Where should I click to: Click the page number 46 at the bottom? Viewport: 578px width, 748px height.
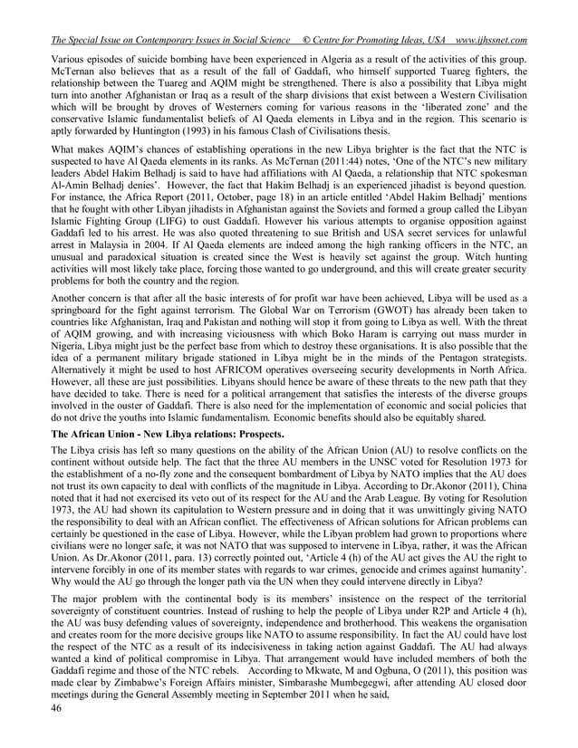pyautogui.click(x=58, y=733)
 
